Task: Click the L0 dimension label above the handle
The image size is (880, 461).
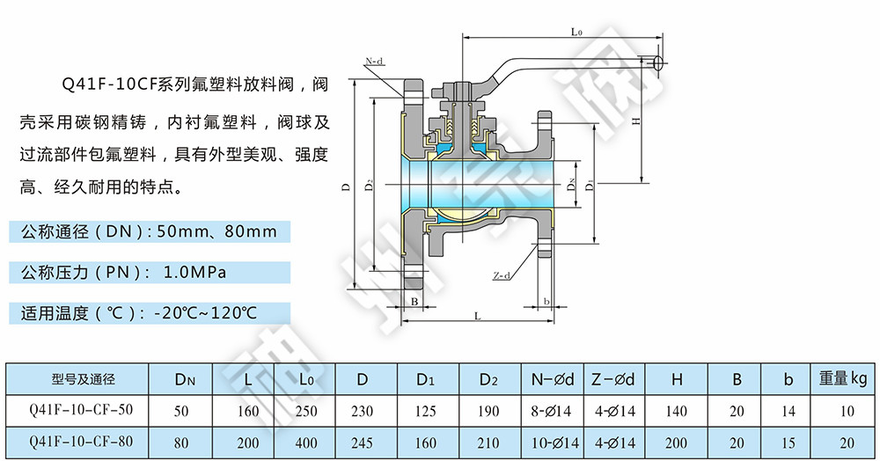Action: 576,32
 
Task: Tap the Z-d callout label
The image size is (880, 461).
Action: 502,275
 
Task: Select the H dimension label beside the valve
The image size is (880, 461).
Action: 635,122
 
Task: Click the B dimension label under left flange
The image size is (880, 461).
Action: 414,302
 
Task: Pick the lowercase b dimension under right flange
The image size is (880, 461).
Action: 546,302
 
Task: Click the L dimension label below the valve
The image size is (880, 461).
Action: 476,315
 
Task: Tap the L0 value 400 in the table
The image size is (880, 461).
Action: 306,443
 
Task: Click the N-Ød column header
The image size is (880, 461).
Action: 552,380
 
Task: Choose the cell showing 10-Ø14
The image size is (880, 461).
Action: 552,443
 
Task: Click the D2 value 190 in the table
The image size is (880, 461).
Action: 489,411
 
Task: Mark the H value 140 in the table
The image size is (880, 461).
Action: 676,411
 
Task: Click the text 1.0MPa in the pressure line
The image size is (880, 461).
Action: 195,272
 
